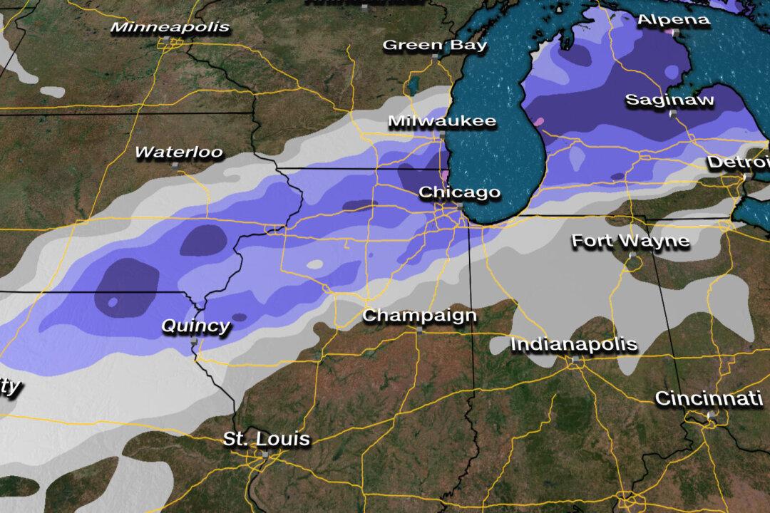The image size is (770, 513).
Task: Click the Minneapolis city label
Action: point(170,28)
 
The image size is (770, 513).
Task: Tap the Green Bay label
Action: point(435,46)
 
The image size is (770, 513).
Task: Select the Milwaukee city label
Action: point(442,121)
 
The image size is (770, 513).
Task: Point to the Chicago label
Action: point(459,192)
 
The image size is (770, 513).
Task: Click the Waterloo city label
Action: point(178,152)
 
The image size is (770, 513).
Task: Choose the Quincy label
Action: point(195,326)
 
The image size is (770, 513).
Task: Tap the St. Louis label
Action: point(267,439)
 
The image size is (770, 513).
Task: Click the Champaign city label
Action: point(419,316)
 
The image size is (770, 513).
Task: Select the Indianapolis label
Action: point(574,345)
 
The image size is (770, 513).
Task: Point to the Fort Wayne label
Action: point(631,241)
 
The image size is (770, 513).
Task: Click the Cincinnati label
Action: point(709,399)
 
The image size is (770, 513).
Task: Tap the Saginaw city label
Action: point(669,100)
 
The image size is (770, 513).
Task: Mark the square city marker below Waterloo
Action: point(175,165)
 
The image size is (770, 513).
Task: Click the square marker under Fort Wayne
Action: point(632,254)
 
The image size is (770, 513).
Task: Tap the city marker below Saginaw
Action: point(672,113)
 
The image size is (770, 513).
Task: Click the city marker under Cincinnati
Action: point(711,413)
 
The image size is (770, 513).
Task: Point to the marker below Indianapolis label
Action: point(575,360)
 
